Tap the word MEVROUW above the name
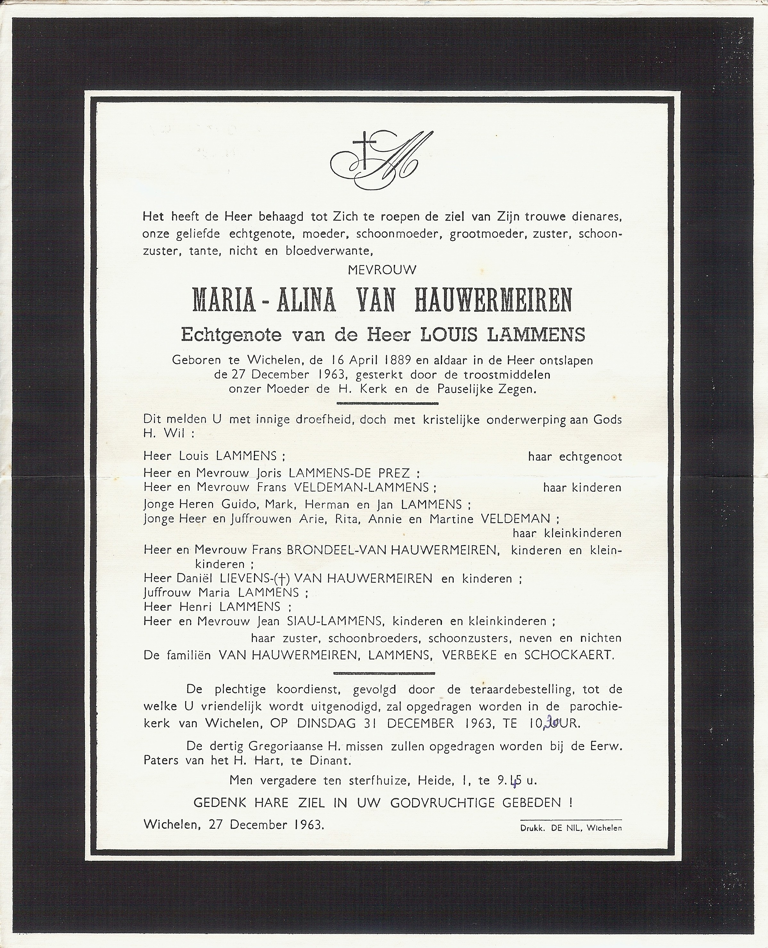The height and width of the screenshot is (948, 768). click(x=382, y=270)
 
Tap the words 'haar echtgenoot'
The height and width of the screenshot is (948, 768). click(x=575, y=456)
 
